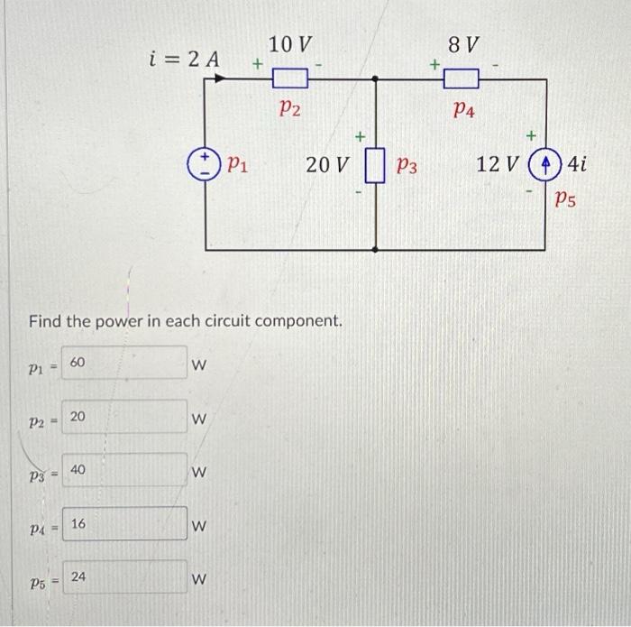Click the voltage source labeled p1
207,165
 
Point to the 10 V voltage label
290,44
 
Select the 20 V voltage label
327,166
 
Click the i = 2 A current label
185,59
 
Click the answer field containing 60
124,364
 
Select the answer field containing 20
124,418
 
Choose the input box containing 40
124,471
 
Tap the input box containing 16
124,524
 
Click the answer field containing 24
124,577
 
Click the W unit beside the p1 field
200,365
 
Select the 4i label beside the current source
578,165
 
